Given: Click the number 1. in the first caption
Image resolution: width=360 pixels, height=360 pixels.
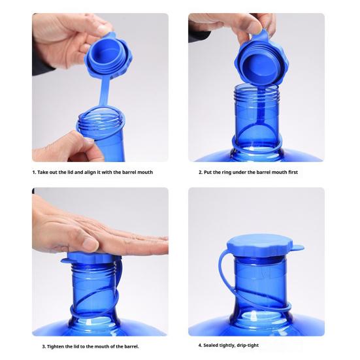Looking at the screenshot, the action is pos(34,172).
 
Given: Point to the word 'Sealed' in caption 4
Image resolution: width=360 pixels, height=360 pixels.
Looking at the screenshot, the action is pos(211,346).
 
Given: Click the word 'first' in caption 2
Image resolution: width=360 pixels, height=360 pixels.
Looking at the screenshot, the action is pos(293,172).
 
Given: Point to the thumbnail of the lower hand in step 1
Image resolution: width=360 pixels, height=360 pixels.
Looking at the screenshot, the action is pos(88,140).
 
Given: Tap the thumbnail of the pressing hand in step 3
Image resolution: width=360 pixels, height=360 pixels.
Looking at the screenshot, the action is pos(89,242).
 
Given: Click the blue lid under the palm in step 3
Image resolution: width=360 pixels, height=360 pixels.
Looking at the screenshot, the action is pos(91,258).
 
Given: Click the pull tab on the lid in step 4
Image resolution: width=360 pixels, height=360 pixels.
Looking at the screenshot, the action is pos(298,248).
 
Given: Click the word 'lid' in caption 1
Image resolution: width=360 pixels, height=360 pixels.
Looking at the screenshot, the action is pos(70,172).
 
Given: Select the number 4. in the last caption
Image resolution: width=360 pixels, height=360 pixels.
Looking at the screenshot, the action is pos(200,346).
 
